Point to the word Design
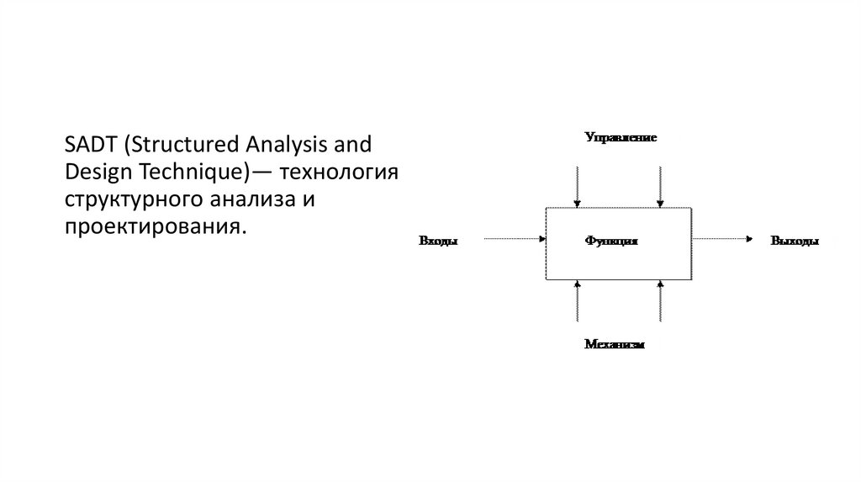coord(92,172)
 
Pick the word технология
coord(339,172)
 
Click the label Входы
coord(438,241)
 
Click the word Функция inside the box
coord(611,241)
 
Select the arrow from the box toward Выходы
coord(721,240)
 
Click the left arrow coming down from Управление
coord(577,186)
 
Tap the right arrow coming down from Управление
coord(660,186)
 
